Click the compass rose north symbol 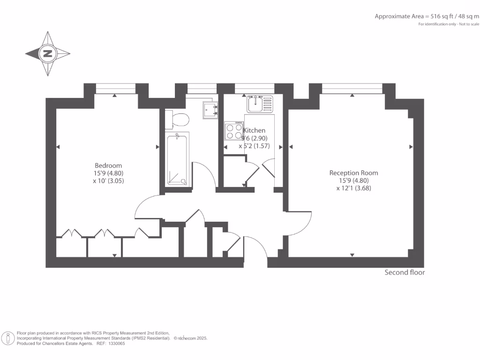coord(47,53)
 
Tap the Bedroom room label coord(108,165)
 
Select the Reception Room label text coord(353,172)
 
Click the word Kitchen coord(254,130)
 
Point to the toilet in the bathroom coord(178,119)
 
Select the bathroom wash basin coord(210,109)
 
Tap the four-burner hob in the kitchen coord(233,131)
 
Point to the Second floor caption coord(405,272)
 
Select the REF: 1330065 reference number coord(111,344)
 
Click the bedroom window coord(115,88)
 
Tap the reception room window coord(352,88)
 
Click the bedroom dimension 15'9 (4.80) coord(108,173)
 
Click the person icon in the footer coord(8,338)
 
